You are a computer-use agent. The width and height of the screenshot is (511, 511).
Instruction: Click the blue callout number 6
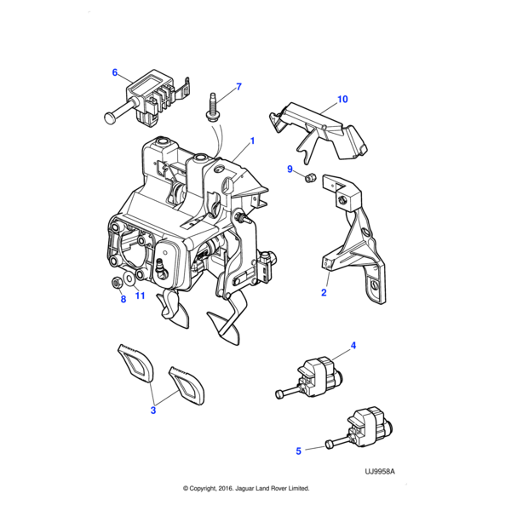(x=115, y=72)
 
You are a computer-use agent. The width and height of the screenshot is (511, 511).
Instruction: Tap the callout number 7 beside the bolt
(x=238, y=87)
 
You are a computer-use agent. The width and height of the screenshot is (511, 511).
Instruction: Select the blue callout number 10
(x=342, y=99)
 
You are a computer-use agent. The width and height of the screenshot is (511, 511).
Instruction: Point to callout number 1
(x=252, y=141)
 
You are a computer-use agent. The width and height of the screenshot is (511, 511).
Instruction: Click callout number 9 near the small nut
(x=290, y=169)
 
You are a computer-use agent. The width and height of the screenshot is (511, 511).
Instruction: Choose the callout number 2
(x=324, y=292)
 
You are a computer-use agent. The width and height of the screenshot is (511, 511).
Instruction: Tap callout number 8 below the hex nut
(x=123, y=299)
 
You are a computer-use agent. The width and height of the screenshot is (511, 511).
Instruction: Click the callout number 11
(x=140, y=296)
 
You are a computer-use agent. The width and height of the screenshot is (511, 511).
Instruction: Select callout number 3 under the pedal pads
(x=153, y=411)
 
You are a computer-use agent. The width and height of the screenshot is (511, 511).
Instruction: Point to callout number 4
(x=353, y=346)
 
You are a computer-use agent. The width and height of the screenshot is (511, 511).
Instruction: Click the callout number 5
(x=299, y=451)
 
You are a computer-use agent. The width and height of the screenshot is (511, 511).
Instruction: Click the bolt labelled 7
(x=212, y=107)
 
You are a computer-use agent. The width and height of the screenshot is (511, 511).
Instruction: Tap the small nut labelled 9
(x=310, y=178)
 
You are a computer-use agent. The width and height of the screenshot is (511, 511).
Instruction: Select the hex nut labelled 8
(x=117, y=282)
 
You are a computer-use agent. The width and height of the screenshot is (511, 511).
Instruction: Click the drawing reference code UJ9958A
(x=380, y=472)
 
